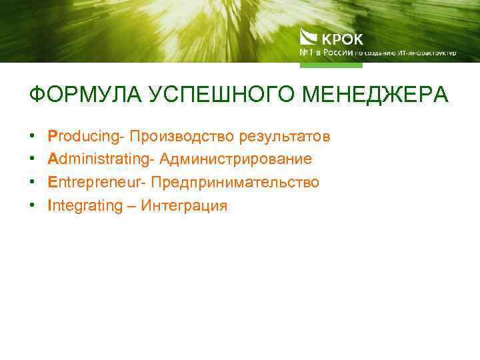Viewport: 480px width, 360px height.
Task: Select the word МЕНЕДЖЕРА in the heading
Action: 375,95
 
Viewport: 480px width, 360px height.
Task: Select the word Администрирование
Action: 235,160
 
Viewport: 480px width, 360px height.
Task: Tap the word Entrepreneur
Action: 97,183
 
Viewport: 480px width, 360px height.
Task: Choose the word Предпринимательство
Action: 235,183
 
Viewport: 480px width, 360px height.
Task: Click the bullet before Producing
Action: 31,137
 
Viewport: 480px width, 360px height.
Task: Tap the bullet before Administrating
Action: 31,160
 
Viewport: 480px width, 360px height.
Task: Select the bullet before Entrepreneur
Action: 31,183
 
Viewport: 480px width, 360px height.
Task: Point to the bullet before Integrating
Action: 31,206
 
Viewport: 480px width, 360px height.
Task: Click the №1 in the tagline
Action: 307,53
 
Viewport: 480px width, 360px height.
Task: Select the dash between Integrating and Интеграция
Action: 129,207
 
